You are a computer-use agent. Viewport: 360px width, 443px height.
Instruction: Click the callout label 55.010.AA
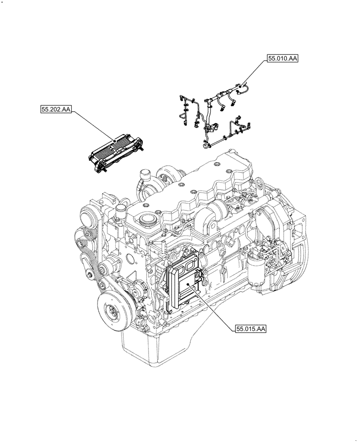point(282,58)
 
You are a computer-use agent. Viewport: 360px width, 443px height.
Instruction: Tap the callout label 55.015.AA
point(250,329)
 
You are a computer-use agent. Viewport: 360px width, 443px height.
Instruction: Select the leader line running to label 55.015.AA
point(213,308)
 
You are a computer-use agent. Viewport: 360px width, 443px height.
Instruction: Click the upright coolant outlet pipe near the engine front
point(118,215)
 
